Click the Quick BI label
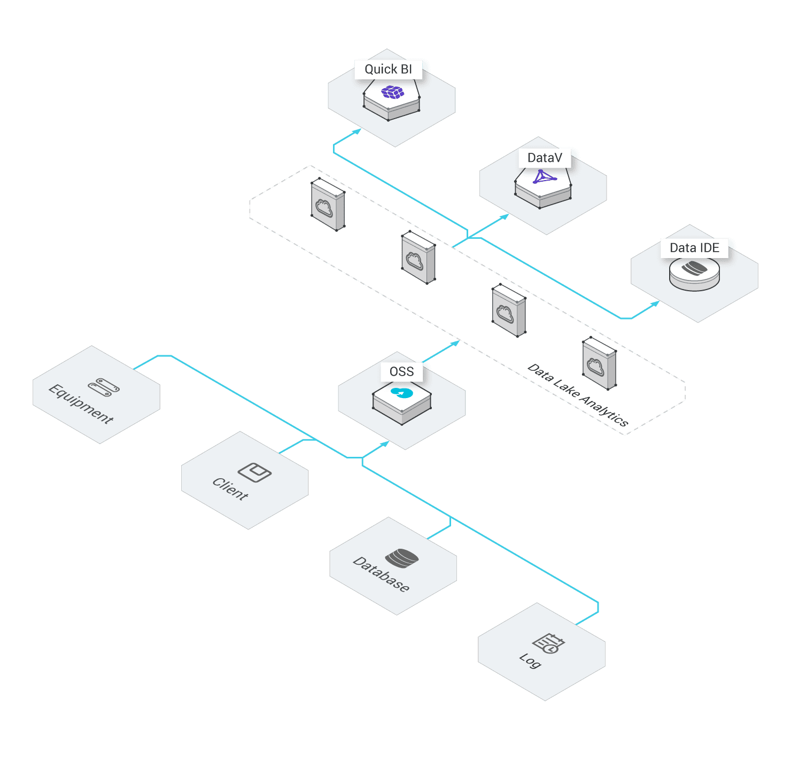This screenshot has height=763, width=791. [x=388, y=69]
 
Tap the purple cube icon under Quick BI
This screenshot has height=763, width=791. [x=392, y=92]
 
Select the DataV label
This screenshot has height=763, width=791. [x=545, y=158]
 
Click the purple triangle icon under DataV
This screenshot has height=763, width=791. [x=544, y=177]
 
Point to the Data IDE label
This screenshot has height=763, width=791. [x=694, y=248]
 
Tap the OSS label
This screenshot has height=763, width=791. [x=401, y=372]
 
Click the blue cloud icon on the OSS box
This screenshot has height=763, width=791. [x=402, y=393]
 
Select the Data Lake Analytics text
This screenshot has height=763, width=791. [x=578, y=395]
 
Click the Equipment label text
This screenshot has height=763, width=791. [x=81, y=404]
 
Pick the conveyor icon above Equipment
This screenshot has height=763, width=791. [x=104, y=387]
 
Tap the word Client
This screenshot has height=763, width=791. [x=230, y=488]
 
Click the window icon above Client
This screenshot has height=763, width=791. [x=254, y=472]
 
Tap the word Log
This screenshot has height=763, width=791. [x=530, y=661]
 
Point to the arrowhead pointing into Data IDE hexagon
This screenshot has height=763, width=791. [x=655, y=303]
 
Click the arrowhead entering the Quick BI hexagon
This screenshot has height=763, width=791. [x=357, y=131]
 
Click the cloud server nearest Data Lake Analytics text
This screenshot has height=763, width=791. [x=600, y=363]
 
